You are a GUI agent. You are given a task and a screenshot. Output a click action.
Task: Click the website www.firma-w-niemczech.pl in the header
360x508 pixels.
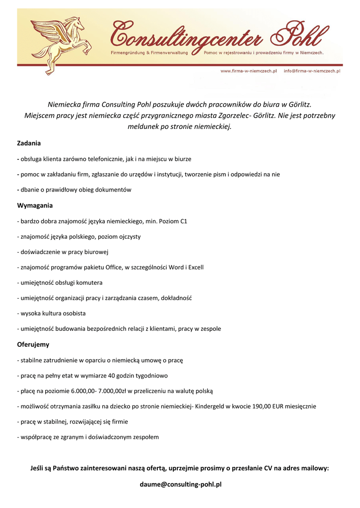[x=248, y=71]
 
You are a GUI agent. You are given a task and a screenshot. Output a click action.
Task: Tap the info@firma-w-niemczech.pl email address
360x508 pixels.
[x=312, y=71]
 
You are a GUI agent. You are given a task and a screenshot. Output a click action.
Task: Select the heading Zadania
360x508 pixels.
[x=29, y=143]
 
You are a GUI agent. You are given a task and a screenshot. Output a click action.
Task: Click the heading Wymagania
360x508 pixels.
[x=35, y=205]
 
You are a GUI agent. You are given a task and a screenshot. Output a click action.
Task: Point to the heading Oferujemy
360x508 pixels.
[x=33, y=344]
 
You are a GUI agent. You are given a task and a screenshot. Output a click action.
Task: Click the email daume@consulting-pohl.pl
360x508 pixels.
[x=180, y=484]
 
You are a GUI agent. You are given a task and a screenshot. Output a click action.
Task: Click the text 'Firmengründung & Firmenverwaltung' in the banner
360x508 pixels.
[x=148, y=52]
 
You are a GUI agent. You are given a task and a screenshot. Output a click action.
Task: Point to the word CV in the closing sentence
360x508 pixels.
[x=269, y=468]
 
